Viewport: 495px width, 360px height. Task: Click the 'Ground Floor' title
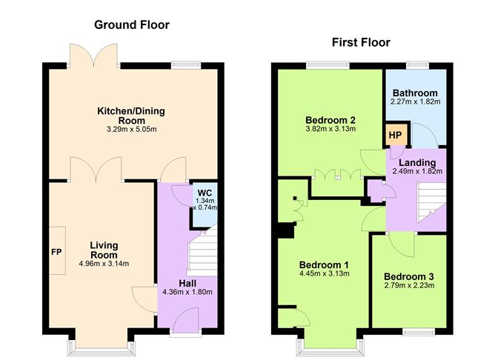coord(131,24)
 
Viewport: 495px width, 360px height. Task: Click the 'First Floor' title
coord(361,41)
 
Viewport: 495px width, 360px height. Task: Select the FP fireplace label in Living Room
coord(56,251)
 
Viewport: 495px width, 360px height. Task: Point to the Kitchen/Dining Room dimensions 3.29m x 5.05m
coord(131,129)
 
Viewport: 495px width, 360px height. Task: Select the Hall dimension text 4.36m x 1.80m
coord(187,291)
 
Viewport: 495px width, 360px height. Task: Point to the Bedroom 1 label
coord(324,264)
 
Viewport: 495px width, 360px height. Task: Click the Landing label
coord(416,162)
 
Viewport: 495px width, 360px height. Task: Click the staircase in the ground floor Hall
coord(200,252)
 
